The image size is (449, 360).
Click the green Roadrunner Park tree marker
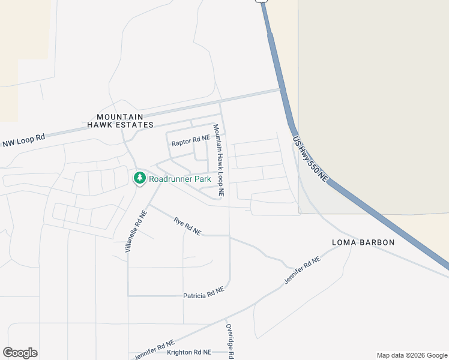click(139, 178)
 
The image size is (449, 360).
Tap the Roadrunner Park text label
click(180, 179)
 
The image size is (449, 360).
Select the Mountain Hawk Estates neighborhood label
click(120, 121)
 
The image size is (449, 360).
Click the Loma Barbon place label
click(363, 242)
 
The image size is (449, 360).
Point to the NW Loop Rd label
click(24, 140)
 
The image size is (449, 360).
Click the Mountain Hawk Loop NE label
click(218, 161)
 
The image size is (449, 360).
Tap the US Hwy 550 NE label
click(312, 159)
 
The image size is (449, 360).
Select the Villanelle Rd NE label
click(136, 231)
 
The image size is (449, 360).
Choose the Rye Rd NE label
click(187, 226)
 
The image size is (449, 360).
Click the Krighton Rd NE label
click(189, 352)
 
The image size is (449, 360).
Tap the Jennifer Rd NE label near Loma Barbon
click(303, 271)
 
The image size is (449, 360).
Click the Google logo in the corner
click(20, 353)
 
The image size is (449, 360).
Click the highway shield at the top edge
click(261, 1)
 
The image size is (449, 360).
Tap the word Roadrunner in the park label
click(170, 179)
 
